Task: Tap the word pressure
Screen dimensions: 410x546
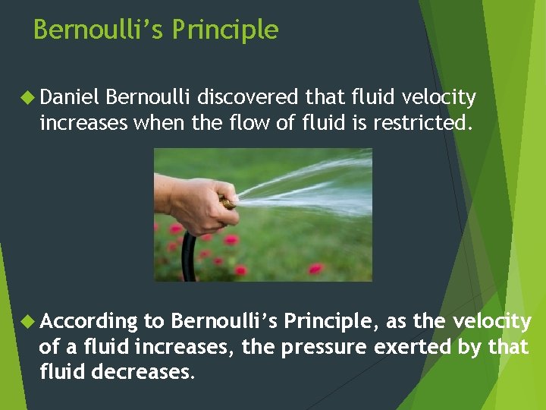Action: click(x=325, y=348)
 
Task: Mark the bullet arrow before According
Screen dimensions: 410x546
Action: click(x=28, y=322)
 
